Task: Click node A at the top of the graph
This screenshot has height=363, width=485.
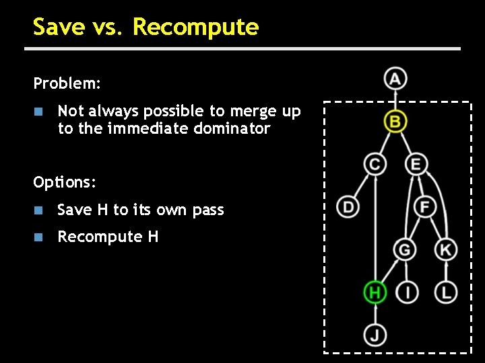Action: tap(395, 79)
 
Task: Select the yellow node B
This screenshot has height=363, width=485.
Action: tap(395, 122)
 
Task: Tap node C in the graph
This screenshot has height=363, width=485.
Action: tap(375, 164)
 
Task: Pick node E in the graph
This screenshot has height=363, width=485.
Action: tap(416, 164)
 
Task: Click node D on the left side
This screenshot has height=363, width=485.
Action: tap(348, 206)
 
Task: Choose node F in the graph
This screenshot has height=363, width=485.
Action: tap(424, 206)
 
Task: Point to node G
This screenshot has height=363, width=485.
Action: tap(405, 250)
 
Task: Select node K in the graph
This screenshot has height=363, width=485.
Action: tap(445, 250)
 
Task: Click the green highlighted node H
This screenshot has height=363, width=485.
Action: tap(375, 292)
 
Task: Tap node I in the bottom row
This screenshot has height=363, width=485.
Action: tap(408, 292)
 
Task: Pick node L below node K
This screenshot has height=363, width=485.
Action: tap(445, 292)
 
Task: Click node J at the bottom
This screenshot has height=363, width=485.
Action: tap(375, 333)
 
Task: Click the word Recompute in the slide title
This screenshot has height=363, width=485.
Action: tap(195, 28)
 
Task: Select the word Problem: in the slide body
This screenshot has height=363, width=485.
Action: tap(67, 84)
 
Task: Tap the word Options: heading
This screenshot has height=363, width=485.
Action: tap(65, 183)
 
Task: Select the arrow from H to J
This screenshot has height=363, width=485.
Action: tap(375, 313)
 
